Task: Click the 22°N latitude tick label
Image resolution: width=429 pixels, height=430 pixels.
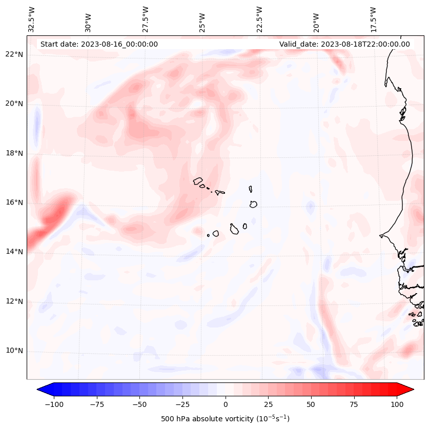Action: [14, 55]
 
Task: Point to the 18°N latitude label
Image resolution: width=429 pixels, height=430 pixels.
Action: [14, 153]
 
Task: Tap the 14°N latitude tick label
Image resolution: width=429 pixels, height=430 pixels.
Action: [14, 252]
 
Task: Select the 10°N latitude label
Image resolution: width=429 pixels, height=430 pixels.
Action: [14, 351]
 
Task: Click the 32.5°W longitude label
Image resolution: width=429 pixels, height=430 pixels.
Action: [32, 19]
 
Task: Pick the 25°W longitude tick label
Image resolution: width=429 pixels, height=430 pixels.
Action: [203, 21]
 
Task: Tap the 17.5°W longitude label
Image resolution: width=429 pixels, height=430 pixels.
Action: [373, 19]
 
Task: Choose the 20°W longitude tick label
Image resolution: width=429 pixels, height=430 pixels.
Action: [316, 21]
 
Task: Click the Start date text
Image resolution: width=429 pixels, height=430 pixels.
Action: [99, 44]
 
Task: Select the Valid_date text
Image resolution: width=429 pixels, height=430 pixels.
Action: [344, 44]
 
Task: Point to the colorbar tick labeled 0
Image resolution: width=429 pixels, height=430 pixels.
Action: [226, 404]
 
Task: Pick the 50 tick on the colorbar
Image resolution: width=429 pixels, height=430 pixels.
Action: [311, 404]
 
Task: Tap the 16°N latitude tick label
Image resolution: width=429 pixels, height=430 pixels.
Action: [14, 202]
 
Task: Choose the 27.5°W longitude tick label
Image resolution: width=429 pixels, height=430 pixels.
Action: [146, 19]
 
